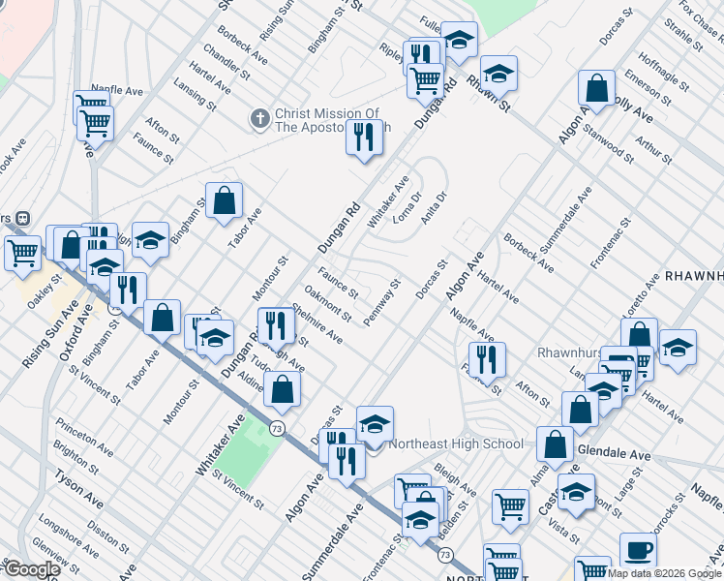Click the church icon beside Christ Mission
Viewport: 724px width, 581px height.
[259, 118]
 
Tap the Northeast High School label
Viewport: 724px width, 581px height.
[456, 444]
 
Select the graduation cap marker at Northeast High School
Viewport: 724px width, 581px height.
[375, 423]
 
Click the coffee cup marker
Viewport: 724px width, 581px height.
[638, 549]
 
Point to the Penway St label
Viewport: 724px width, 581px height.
[381, 303]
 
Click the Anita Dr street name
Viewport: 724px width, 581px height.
[434, 208]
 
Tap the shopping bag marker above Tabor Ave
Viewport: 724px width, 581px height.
[224, 201]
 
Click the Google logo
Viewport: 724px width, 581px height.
[31, 569]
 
